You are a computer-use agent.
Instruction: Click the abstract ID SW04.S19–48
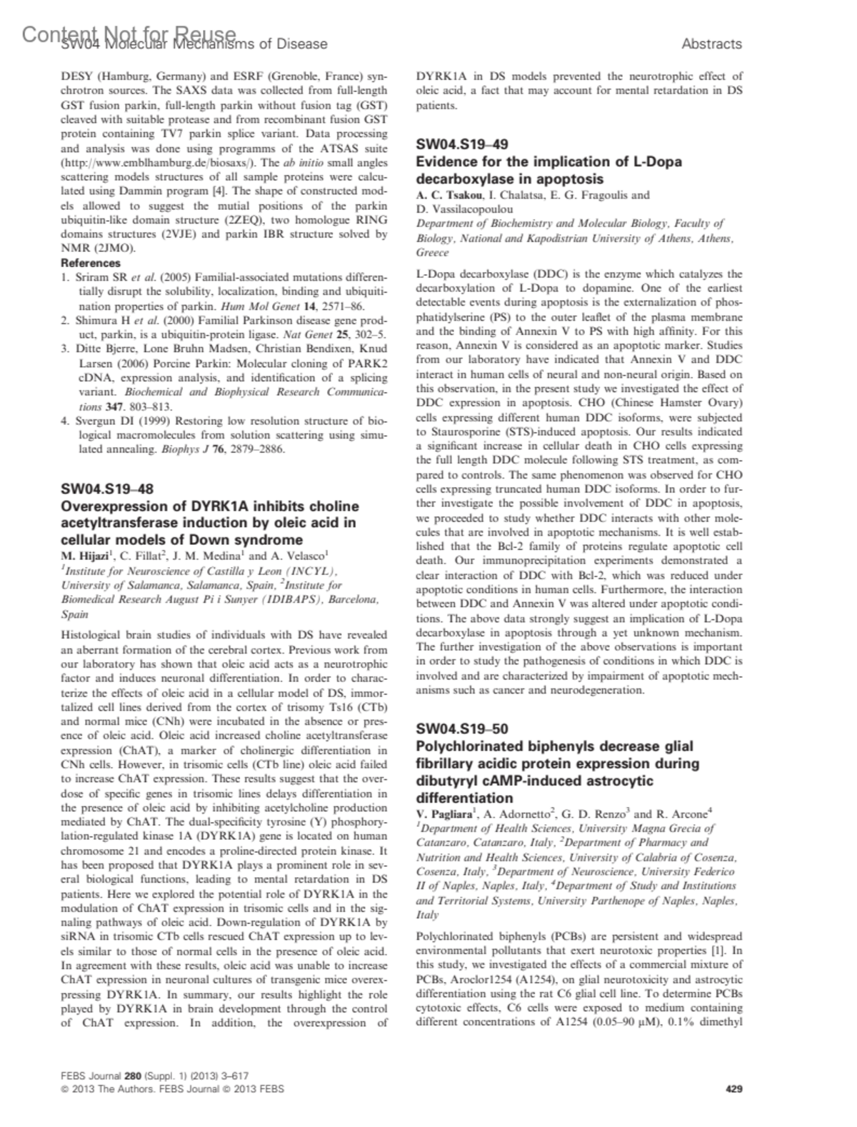click(x=106, y=489)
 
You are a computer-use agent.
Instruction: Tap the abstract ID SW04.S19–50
click(x=462, y=729)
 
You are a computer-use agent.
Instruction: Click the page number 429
click(x=733, y=1089)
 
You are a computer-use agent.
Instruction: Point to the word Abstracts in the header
click(x=711, y=44)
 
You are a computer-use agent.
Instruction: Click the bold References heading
click(x=91, y=263)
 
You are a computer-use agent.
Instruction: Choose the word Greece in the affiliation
click(x=432, y=253)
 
